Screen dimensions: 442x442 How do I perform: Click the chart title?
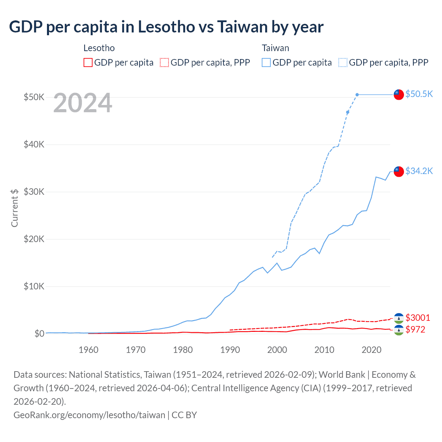(166, 27)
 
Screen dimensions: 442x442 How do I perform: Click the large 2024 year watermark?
(83, 103)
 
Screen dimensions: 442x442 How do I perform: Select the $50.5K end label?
(419, 94)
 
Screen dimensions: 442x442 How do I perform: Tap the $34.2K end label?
(419, 171)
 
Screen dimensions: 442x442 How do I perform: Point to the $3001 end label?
(417, 318)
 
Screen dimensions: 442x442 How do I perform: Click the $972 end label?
(415, 329)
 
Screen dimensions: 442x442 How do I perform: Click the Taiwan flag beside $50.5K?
(399, 94)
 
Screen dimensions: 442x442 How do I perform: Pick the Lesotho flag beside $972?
(399, 330)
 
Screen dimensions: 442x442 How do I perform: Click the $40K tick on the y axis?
(34, 144)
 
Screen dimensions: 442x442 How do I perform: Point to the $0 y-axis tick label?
(39, 334)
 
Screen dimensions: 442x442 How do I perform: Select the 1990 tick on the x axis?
(230, 350)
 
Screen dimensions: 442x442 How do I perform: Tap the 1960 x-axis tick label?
(88, 350)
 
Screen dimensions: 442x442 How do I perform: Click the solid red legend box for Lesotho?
(88, 63)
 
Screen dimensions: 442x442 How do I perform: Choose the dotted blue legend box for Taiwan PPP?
(343, 63)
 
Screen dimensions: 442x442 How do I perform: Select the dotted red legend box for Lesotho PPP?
(164, 63)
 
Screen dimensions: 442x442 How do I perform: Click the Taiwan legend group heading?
(275, 48)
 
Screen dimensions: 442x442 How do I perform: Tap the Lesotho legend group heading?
(99, 48)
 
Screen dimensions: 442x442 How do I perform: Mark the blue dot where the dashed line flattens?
(357, 95)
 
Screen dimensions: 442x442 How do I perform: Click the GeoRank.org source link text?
(89, 415)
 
